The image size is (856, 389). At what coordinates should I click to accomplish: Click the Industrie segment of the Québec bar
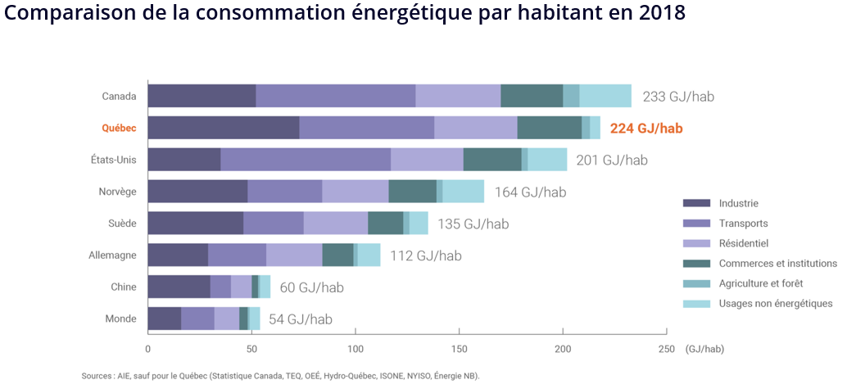[223, 128]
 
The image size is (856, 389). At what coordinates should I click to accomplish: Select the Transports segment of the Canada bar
[336, 96]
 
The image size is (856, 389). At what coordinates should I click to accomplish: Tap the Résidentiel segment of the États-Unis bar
[427, 160]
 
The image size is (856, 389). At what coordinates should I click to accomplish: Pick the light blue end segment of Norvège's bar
[463, 192]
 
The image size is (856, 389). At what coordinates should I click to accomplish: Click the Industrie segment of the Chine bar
[179, 287]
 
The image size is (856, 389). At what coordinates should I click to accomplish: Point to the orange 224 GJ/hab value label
[645, 129]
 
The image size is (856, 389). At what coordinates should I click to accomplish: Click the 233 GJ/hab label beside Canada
[678, 97]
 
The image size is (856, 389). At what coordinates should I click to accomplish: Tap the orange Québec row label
[119, 129]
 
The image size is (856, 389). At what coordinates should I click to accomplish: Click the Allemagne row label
[112, 256]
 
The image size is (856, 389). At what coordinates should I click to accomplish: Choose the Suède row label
[121, 224]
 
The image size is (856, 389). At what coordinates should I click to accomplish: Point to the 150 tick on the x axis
[459, 349]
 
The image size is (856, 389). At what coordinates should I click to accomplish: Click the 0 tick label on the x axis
[148, 349]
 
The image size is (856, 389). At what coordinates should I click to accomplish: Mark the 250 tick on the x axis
[667, 349]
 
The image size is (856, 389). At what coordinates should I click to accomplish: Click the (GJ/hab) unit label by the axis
[704, 349]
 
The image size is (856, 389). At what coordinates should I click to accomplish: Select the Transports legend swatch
[696, 224]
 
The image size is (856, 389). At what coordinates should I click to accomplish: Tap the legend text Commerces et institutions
[777, 264]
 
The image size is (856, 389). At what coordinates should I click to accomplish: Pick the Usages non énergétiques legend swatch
[696, 304]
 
